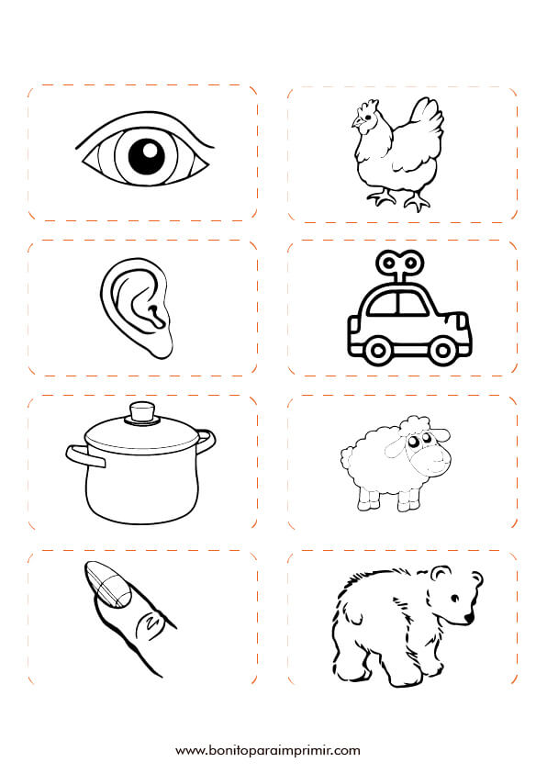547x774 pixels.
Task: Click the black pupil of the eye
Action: [x=147, y=156]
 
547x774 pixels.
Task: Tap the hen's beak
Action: [x=354, y=123]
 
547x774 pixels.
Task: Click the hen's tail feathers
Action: [x=428, y=118]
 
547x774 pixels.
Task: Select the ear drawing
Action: [x=137, y=307]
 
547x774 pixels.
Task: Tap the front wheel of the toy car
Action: [x=442, y=351]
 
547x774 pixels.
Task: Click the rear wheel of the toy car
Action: [x=378, y=351]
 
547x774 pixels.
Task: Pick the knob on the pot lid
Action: [x=142, y=412]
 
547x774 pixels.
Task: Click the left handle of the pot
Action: [x=85, y=455]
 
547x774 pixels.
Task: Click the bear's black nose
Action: [x=469, y=617]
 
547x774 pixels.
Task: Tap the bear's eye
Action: [x=455, y=599]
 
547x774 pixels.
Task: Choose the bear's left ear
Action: [x=440, y=573]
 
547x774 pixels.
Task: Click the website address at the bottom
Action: [x=268, y=751]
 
